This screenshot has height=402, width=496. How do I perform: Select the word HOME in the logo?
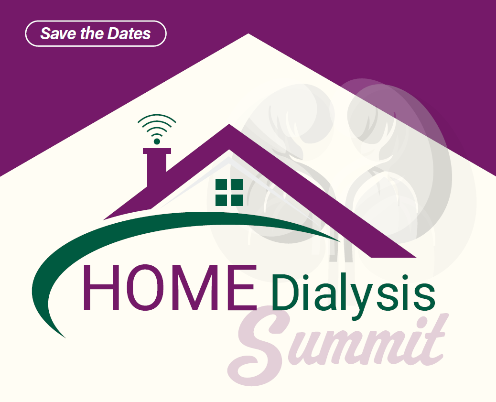click(170, 287)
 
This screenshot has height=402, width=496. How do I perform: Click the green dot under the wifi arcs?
click(157, 141)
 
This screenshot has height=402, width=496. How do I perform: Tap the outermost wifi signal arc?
click(157, 117)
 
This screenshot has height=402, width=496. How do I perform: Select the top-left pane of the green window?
click(221, 184)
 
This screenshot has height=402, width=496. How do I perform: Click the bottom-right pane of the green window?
click(237, 200)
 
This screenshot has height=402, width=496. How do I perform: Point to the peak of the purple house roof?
click(229, 124)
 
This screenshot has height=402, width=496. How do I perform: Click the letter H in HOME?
click(101, 287)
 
